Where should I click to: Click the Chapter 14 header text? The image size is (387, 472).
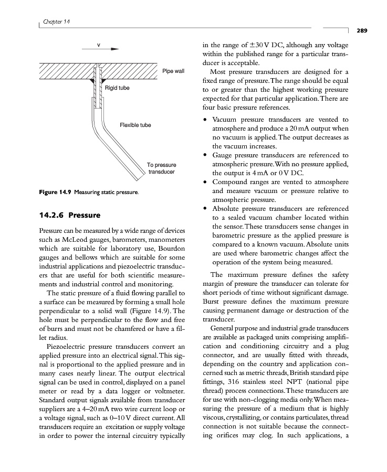click(57, 21)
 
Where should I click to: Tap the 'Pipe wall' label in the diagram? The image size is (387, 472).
click(173, 70)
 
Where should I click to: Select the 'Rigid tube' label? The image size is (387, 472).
click(117, 88)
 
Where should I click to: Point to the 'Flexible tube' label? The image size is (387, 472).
click(135, 125)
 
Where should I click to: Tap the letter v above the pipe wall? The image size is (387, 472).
click(98, 44)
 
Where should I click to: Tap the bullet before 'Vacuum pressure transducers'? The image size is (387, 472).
click(205, 120)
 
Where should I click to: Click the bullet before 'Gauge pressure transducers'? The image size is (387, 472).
click(205, 155)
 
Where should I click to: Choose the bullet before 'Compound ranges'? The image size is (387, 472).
click(205, 182)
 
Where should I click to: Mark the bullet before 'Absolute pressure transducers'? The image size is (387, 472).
click(205, 209)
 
